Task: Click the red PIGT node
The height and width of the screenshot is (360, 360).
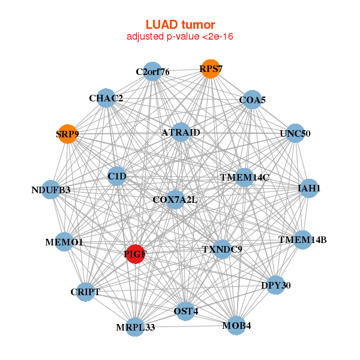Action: (135, 254)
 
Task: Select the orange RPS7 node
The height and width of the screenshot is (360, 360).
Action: (210, 69)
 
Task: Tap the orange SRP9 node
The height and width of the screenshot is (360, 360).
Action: (68, 134)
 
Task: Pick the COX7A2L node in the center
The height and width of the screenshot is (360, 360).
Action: (175, 199)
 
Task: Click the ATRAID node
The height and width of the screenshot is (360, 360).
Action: (181, 132)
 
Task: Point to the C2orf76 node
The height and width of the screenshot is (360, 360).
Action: (152, 72)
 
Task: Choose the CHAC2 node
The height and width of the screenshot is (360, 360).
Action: (106, 98)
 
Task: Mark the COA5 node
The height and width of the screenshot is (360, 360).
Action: (252, 100)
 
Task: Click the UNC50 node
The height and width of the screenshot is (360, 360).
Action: (295, 133)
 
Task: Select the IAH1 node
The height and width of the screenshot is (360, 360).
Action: (308, 188)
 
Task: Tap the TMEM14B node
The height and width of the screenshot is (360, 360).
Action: (302, 241)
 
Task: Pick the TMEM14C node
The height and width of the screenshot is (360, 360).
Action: (244, 178)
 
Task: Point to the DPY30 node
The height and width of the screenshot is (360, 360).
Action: (275, 286)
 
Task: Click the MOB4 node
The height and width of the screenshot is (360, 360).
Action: (236, 326)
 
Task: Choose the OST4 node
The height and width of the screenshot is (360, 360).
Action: (185, 311)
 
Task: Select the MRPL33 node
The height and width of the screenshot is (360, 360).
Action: (136, 327)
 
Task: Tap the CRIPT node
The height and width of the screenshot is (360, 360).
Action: (85, 292)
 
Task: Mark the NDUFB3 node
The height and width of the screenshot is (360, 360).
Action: (51, 190)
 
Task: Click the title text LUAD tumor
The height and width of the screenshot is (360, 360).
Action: (180, 25)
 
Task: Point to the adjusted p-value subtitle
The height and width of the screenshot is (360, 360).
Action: (180, 37)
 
